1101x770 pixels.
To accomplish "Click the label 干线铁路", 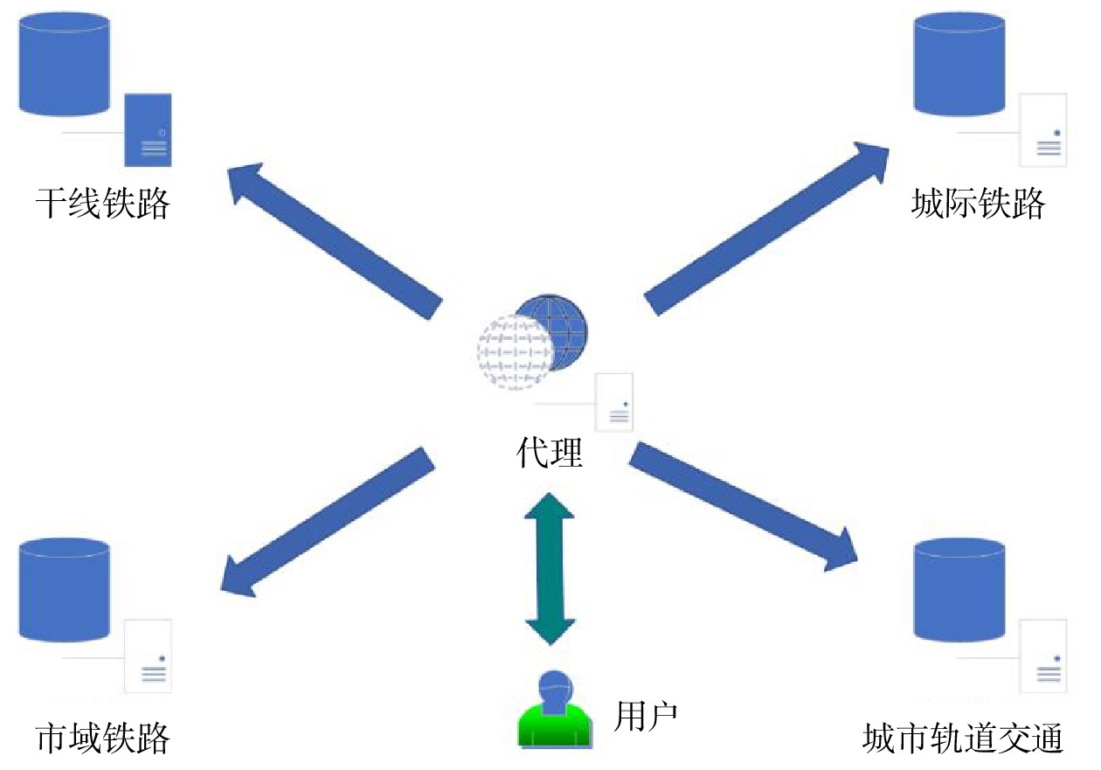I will [102, 204].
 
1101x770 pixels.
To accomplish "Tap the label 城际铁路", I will [978, 204].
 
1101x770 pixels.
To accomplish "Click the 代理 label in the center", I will [550, 453].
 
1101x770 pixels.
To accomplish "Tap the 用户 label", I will [646, 717].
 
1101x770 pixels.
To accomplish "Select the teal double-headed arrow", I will [550, 569].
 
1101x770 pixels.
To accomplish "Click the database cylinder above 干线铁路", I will [65, 65].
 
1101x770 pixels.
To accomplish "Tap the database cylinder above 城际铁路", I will [959, 65].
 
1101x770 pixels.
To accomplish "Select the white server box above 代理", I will [615, 402].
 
